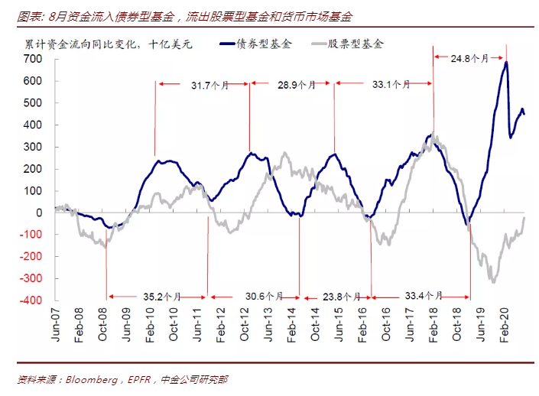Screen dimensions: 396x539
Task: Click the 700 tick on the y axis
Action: (33, 58)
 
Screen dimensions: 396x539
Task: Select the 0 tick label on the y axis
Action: (38, 213)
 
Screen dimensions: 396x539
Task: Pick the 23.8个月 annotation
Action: (337, 296)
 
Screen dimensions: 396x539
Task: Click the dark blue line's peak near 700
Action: (506, 63)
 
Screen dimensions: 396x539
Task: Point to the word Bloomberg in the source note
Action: (90, 379)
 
